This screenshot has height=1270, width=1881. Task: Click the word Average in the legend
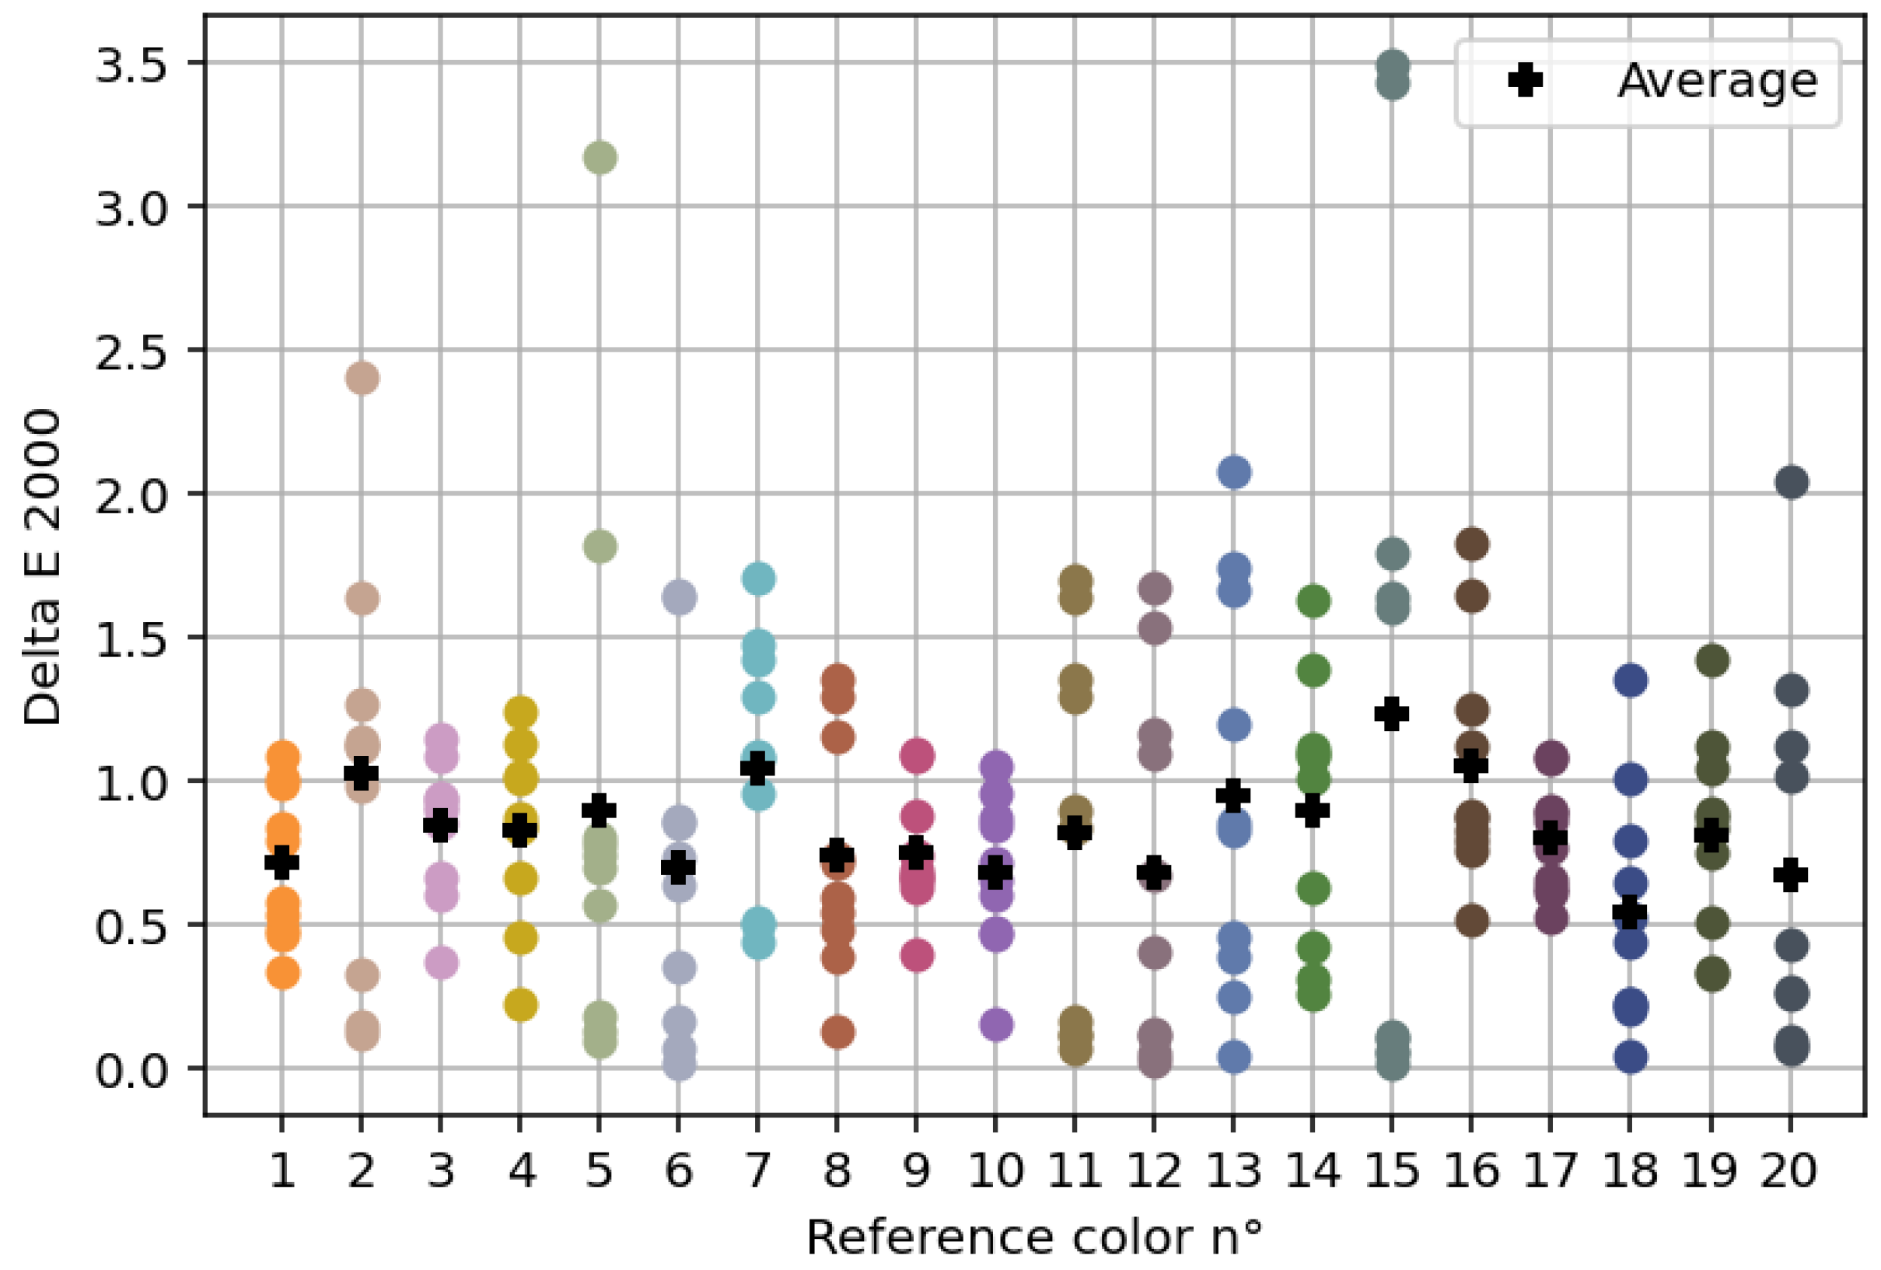tap(1717, 81)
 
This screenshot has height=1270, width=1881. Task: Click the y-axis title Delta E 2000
tap(42, 568)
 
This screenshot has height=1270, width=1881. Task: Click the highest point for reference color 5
tap(599, 157)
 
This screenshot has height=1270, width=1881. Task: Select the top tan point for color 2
tap(362, 378)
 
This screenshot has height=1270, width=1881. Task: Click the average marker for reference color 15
tap(1391, 714)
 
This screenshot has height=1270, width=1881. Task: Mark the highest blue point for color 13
tap(1233, 472)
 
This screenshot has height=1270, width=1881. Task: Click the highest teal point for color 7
tap(757, 579)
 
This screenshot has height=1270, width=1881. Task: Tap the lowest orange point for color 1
tap(282, 973)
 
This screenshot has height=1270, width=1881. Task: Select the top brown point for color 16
tap(1471, 544)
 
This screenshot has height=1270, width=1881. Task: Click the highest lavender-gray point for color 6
tap(679, 597)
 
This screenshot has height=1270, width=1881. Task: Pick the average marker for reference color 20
tap(1790, 875)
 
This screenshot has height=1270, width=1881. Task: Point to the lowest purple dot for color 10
tap(995, 1024)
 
